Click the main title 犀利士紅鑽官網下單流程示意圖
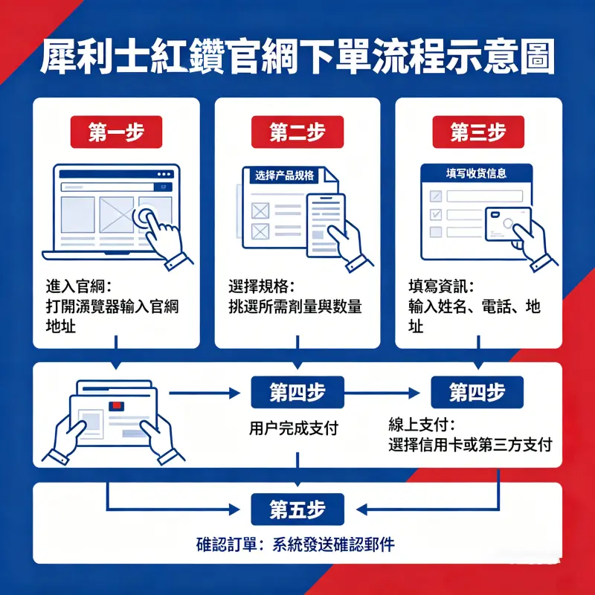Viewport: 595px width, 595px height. [x=297, y=56]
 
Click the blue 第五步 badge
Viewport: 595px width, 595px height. [x=297, y=509]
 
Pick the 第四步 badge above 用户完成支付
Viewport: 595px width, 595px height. [x=297, y=392]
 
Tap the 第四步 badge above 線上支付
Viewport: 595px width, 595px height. [x=477, y=392]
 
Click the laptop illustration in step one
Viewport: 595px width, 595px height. [x=115, y=212]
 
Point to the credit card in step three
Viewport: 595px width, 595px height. [x=507, y=223]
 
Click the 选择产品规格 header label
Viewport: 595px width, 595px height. [x=284, y=176]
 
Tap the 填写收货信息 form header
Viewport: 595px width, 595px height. [x=476, y=173]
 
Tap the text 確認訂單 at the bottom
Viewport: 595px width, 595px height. [x=222, y=544]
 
